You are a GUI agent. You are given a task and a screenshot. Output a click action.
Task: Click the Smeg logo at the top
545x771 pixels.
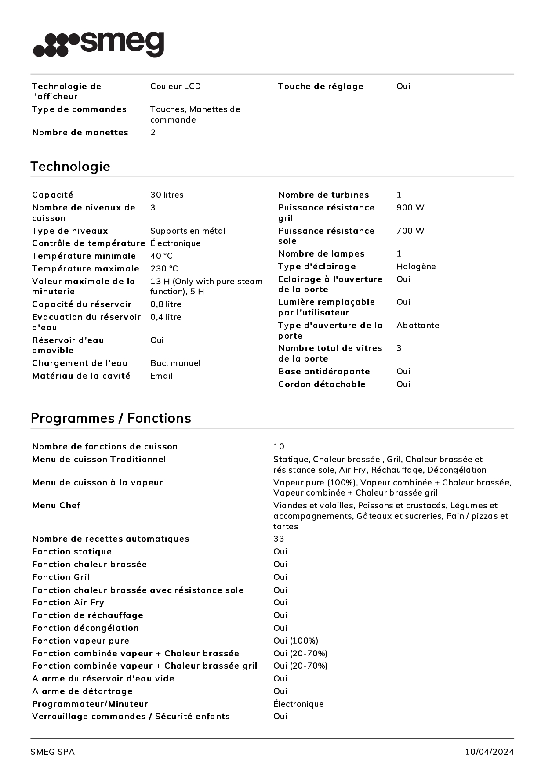click(x=99, y=44)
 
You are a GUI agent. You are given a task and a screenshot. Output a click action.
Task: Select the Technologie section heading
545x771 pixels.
click(x=70, y=167)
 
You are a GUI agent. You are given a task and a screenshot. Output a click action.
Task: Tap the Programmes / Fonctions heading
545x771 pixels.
click(x=111, y=418)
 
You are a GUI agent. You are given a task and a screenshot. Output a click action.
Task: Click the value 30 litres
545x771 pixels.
click(x=167, y=195)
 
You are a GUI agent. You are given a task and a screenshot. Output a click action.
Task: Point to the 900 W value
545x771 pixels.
click(x=410, y=208)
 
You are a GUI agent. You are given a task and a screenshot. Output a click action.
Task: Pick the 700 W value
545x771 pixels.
click(x=410, y=231)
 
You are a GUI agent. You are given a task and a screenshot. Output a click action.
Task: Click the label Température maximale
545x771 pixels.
click(x=86, y=269)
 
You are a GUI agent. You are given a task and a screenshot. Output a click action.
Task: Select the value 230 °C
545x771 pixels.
click(x=164, y=269)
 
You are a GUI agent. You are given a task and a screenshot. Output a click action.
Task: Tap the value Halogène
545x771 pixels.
click(x=416, y=267)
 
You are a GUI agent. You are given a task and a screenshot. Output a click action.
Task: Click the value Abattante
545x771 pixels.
click(x=418, y=326)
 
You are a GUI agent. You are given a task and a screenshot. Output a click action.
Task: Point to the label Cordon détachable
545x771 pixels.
click(x=322, y=384)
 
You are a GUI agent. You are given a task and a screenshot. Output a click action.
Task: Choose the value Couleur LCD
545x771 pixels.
click(x=175, y=87)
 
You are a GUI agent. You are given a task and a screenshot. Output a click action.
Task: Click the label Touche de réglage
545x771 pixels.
click(x=320, y=87)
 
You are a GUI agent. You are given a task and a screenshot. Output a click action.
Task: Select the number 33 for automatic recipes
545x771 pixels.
click(x=279, y=539)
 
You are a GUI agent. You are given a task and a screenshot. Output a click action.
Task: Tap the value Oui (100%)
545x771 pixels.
click(x=295, y=641)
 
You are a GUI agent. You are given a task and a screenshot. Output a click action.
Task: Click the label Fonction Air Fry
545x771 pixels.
click(x=68, y=603)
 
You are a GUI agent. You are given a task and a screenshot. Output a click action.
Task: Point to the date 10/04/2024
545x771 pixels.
click(x=489, y=752)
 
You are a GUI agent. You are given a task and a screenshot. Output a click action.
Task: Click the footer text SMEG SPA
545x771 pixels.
click(x=52, y=752)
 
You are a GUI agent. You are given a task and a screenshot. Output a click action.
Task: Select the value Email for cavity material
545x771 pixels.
click(x=161, y=376)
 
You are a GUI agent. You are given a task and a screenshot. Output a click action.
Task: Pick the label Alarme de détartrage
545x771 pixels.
click(x=82, y=691)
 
